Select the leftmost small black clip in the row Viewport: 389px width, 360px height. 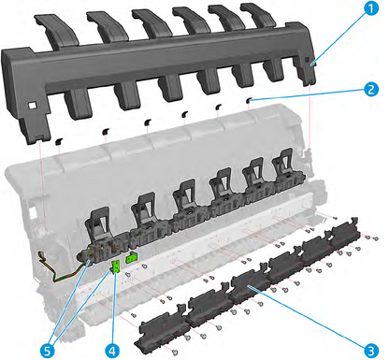tap(57, 140)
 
